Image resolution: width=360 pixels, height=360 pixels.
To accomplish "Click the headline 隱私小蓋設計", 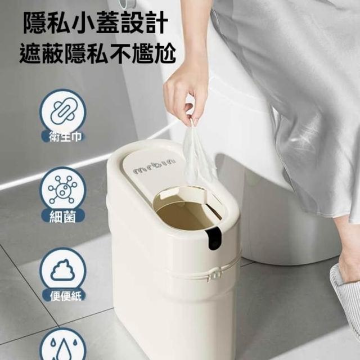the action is click(96, 23).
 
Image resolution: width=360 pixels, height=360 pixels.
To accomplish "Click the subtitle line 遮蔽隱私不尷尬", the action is click(98, 53).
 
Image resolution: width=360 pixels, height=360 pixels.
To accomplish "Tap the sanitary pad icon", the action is click(62, 112).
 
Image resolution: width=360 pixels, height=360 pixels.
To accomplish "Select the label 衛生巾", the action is click(65, 137).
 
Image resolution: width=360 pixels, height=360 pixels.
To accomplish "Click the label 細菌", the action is click(62, 217).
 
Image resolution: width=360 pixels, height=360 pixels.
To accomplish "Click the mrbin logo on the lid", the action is click(154, 166).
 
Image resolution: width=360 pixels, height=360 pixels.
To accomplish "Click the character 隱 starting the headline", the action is click(35, 23).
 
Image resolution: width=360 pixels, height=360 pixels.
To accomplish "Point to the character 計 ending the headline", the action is click(156, 23).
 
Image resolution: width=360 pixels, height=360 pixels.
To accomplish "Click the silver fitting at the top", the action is click(129, 3).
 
